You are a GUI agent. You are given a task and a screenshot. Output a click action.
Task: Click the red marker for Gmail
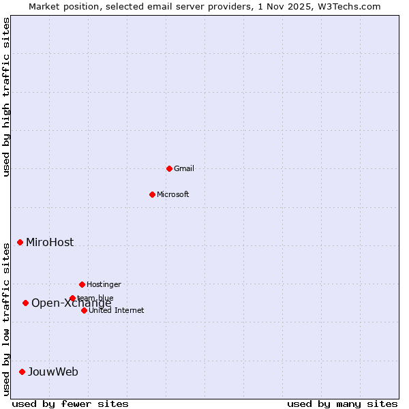click(x=169, y=168)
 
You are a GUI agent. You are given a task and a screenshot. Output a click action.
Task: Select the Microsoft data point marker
click(x=152, y=194)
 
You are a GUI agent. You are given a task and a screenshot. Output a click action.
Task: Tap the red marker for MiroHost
click(x=20, y=242)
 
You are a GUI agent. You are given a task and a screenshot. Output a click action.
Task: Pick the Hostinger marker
click(x=82, y=284)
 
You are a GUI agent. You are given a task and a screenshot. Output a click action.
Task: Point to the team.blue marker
click(x=72, y=298)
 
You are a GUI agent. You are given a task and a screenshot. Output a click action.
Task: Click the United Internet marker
click(x=84, y=310)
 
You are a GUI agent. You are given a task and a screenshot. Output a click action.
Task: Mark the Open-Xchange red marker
click(x=25, y=303)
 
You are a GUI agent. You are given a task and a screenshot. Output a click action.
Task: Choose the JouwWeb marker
click(x=22, y=372)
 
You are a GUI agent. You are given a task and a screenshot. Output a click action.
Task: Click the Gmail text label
click(x=184, y=168)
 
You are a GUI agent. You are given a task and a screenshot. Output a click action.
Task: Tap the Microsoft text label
click(x=173, y=194)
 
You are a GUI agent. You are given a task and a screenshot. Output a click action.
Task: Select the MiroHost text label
click(x=50, y=242)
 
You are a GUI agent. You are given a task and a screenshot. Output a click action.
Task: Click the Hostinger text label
click(x=104, y=284)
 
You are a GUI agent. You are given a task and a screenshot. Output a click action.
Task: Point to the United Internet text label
click(x=117, y=310)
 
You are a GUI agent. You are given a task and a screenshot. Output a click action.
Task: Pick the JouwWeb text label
click(x=53, y=372)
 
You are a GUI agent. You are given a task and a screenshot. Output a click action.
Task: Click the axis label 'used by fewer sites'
click(x=70, y=404)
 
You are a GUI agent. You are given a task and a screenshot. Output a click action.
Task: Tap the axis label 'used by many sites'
click(x=342, y=404)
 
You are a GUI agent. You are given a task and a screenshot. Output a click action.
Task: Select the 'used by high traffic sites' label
click(x=6, y=97)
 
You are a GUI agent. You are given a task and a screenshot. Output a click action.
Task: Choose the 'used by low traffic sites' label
click(x=6, y=318)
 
